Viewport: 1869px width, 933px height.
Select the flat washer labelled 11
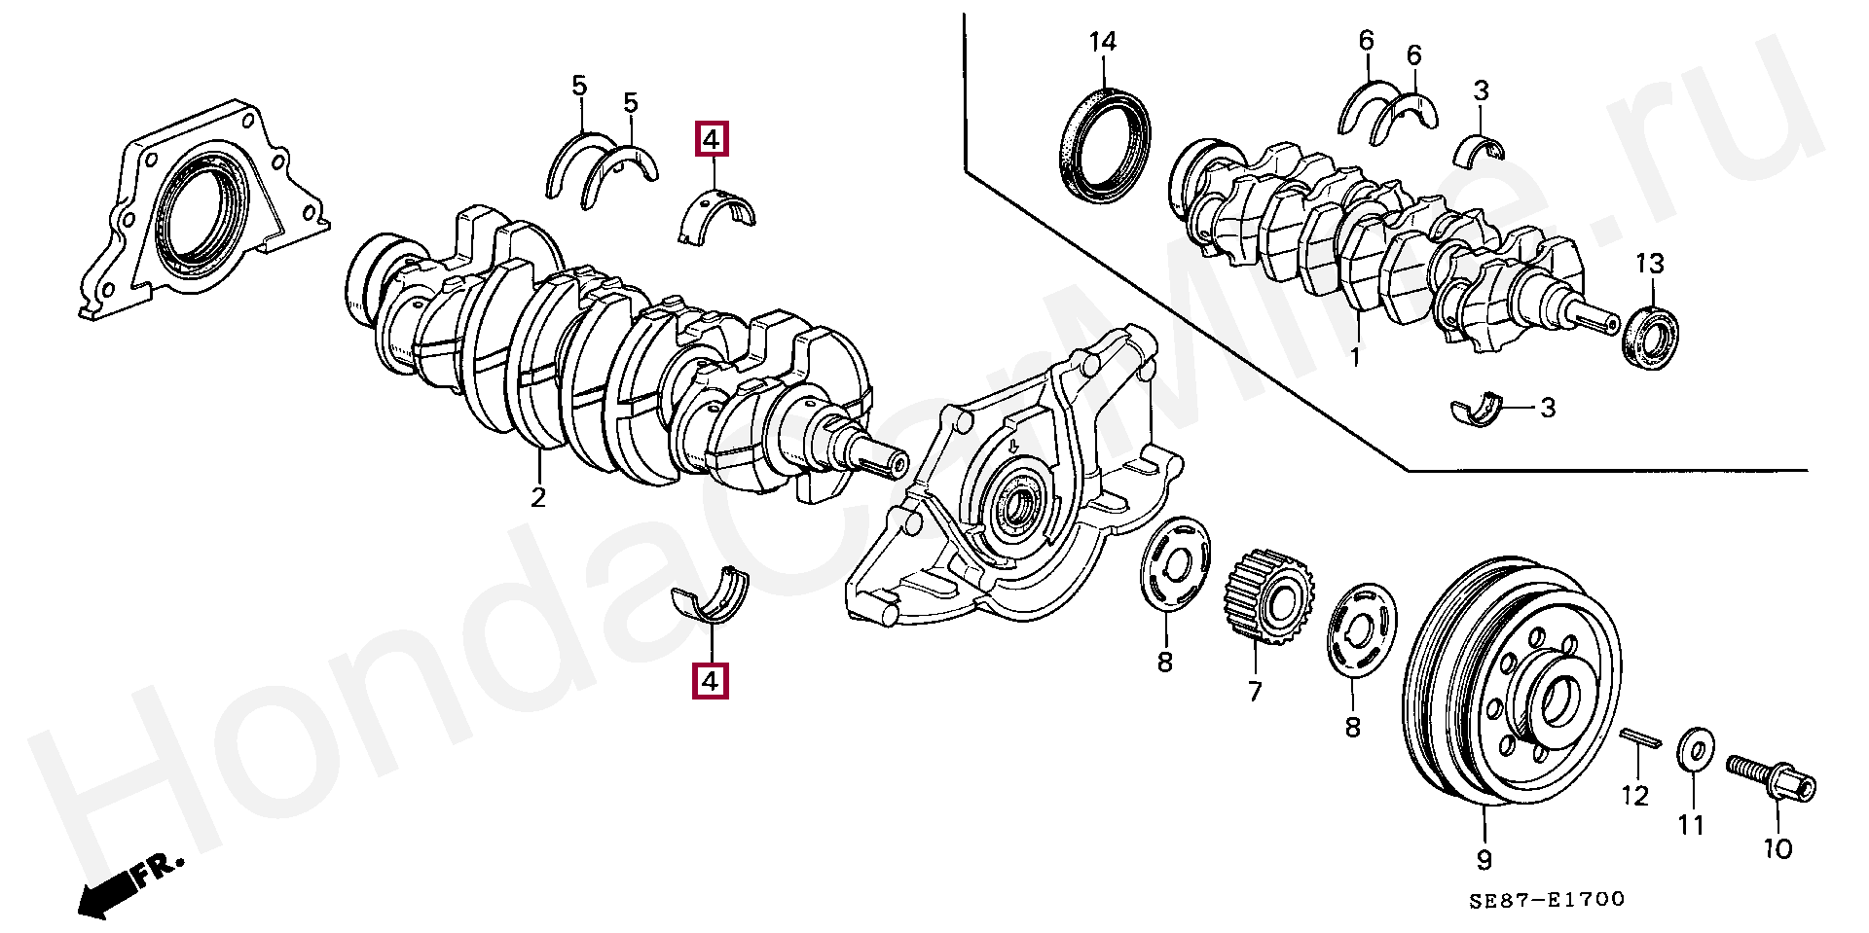1697,751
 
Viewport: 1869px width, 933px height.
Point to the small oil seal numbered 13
1652,337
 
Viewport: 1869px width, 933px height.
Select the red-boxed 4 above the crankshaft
711,140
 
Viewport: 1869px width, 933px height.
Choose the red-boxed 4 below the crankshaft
711,681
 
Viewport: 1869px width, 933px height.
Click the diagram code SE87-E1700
1547,900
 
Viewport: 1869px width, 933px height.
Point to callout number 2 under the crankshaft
538,497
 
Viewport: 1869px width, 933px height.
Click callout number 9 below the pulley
1484,860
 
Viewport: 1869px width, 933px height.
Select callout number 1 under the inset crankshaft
1354,357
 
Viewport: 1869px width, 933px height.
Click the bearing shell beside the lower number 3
1477,411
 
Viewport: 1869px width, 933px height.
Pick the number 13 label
1649,264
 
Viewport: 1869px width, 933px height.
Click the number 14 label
1102,42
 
